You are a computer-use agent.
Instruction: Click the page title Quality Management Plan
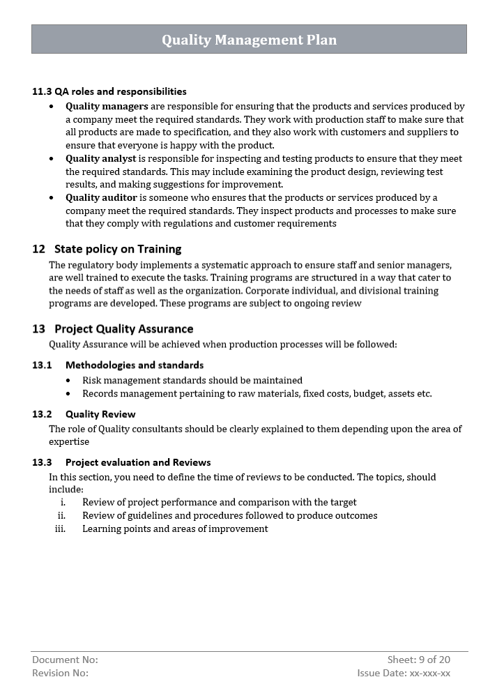(x=249, y=40)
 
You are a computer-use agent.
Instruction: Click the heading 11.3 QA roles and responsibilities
(x=109, y=91)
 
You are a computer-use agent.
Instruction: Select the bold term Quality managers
(x=107, y=107)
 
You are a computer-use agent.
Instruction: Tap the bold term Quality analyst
(x=101, y=159)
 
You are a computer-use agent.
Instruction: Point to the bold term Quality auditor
(x=101, y=198)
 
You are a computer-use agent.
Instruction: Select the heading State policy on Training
(x=118, y=249)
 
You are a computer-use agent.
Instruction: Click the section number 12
(x=38, y=249)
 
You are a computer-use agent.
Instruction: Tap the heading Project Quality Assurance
(x=124, y=329)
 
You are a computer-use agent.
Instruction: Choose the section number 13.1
(x=42, y=365)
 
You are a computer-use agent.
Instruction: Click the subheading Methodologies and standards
(x=135, y=365)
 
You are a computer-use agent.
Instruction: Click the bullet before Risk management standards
(x=68, y=381)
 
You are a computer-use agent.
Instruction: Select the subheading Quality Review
(x=100, y=414)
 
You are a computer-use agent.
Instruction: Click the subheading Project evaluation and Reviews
(x=138, y=462)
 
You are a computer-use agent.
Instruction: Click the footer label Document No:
(x=65, y=660)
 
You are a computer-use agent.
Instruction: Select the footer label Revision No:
(x=60, y=673)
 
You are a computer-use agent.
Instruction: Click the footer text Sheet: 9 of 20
(x=418, y=660)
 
